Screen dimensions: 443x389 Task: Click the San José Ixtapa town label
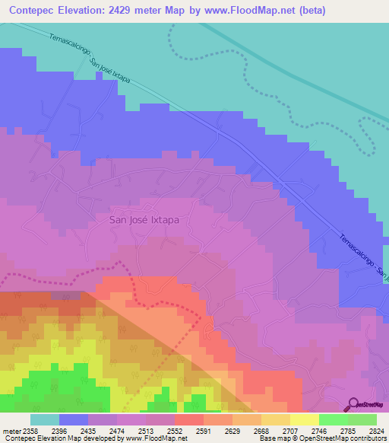tap(149, 218)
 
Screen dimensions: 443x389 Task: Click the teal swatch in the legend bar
tap(45, 419)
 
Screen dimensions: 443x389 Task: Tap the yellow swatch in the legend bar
tap(304, 419)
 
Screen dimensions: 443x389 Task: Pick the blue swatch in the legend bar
tap(74, 419)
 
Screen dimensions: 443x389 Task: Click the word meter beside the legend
tap(10, 430)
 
